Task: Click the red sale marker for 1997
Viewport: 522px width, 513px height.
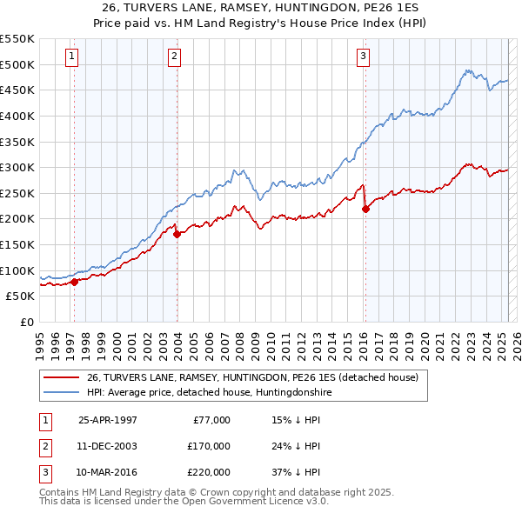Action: [74, 281]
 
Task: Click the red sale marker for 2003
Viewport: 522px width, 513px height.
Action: [177, 233]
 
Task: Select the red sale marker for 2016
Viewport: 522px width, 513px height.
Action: [365, 208]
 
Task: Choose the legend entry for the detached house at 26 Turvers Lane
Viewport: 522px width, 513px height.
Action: [252, 377]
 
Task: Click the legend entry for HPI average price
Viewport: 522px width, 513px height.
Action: [209, 392]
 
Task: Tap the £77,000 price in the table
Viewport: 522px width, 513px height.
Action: [211, 419]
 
